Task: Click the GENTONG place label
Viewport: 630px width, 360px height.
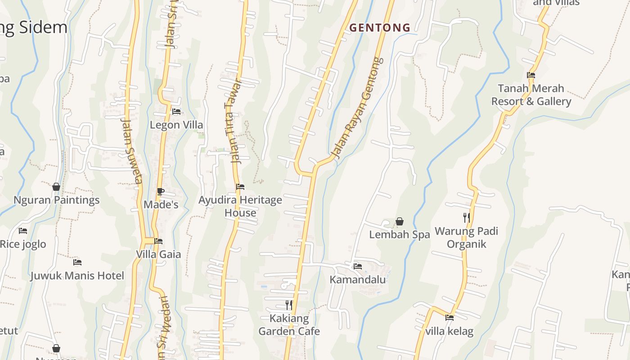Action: (380, 28)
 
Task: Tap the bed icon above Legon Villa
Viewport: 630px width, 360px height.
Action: (176, 111)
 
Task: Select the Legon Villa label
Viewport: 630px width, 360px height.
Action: (176, 125)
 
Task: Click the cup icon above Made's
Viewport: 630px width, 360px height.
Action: (161, 191)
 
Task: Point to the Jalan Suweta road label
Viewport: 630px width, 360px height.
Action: (131, 151)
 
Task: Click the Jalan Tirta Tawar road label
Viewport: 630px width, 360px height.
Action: (233, 121)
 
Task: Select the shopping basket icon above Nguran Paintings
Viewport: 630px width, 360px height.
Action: (56, 186)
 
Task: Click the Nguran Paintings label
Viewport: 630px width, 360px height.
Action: (57, 200)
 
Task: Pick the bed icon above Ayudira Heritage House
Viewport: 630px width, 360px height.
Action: (240, 186)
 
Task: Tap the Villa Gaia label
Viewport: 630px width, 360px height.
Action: (158, 254)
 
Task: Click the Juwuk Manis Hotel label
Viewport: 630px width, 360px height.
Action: (77, 275)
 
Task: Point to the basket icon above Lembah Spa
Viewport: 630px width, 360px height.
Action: (399, 221)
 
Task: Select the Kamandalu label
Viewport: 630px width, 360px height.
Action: (358, 279)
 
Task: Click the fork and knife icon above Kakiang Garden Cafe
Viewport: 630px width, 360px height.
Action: (289, 305)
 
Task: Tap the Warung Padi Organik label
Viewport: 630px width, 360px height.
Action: (466, 238)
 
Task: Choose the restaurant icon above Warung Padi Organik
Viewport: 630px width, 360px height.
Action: (467, 218)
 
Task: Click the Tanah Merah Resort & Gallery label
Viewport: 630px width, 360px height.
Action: (531, 94)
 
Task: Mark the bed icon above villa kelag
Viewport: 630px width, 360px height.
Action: (449, 318)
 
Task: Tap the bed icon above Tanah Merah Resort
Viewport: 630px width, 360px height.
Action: (531, 75)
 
